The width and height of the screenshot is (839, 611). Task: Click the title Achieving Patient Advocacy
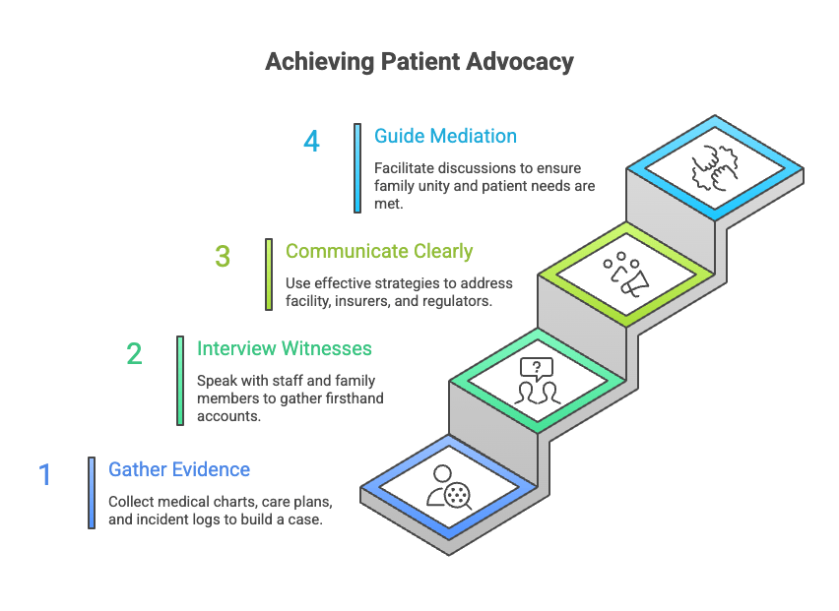tap(419, 62)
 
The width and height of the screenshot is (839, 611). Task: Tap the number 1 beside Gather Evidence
tap(44, 475)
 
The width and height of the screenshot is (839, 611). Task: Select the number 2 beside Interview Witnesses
tap(134, 353)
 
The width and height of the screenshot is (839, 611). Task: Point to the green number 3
tap(223, 257)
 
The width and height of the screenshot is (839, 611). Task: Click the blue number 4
tap(311, 141)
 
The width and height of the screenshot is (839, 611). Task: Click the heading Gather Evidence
tap(179, 469)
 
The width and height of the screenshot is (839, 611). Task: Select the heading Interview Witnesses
tap(284, 348)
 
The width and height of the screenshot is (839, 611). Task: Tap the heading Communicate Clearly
tap(379, 251)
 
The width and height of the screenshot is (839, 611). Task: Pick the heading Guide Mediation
tap(445, 136)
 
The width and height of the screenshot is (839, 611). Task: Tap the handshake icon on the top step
tap(716, 168)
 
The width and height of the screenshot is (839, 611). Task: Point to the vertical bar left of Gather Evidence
tap(92, 492)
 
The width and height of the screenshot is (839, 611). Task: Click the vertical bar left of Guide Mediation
tap(357, 167)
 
